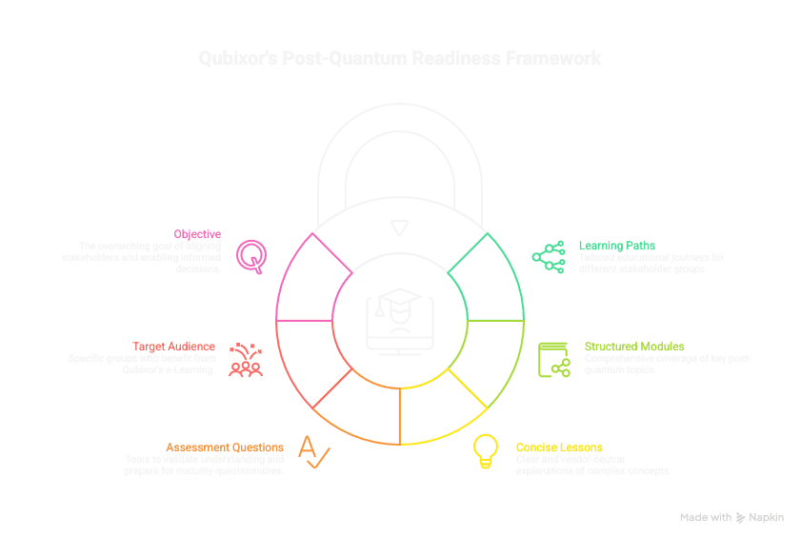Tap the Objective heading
pyautogui.click(x=197, y=233)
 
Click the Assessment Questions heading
pyautogui.click(x=225, y=447)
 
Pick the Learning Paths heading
pyautogui.click(x=617, y=245)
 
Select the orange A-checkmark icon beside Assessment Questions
pyautogui.click(x=310, y=449)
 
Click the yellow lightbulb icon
pyautogui.click(x=487, y=450)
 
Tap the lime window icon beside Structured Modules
pyautogui.click(x=553, y=358)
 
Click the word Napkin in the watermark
pyautogui.click(x=766, y=517)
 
